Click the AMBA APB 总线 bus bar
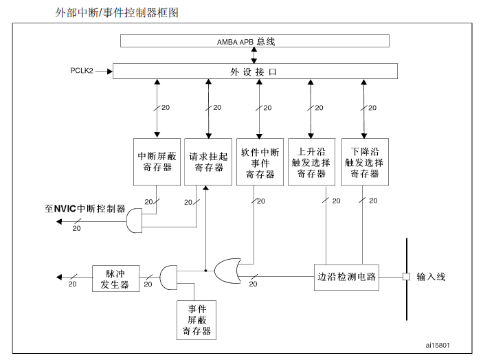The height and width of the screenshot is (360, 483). pyautogui.click(x=254, y=41)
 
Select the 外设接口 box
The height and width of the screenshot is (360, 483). pyautogui.click(x=254, y=71)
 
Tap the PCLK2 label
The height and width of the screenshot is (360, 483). pyautogui.click(x=82, y=71)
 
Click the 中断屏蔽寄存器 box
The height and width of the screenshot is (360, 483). pyautogui.click(x=157, y=161)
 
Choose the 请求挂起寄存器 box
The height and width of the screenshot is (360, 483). pyautogui.click(x=207, y=161)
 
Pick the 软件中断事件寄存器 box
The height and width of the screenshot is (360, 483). pyautogui.click(x=259, y=161)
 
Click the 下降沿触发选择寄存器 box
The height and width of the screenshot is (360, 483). pyautogui.click(x=364, y=161)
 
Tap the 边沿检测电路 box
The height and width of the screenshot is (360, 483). pyautogui.click(x=347, y=277)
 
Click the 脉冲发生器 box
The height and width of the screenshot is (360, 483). pyautogui.click(x=111, y=278)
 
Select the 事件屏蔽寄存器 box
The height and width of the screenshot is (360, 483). pyautogui.click(x=197, y=319)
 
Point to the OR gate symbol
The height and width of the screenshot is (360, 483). pyautogui.click(x=228, y=271)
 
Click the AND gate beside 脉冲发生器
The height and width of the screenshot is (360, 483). pyautogui.click(x=168, y=278)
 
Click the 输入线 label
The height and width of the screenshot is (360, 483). pyautogui.click(x=431, y=277)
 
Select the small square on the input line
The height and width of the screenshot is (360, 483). pyautogui.click(x=406, y=277)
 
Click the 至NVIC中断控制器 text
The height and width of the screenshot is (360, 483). pyautogui.click(x=85, y=208)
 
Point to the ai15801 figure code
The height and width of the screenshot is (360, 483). pyautogui.click(x=438, y=345)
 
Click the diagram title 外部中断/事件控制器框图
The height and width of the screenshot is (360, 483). pyautogui.click(x=116, y=12)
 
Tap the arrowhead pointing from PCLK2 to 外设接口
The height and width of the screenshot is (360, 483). pyautogui.click(x=108, y=71)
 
